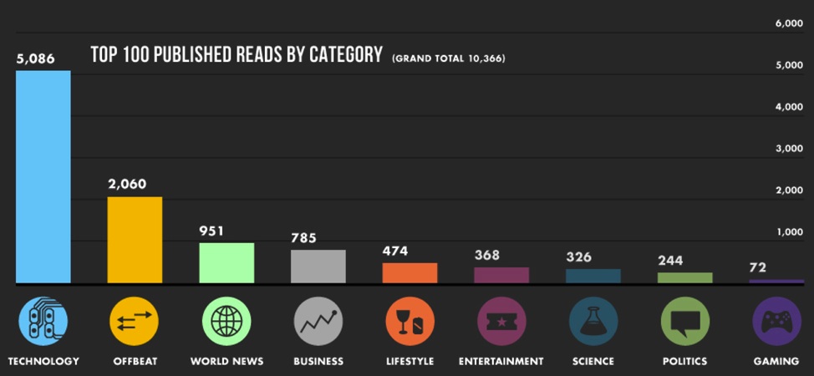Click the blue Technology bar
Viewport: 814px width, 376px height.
pos(43,177)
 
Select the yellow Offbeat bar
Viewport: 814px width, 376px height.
pos(135,240)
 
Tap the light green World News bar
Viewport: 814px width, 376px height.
pos(226,262)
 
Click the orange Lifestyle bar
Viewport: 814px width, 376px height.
pos(410,273)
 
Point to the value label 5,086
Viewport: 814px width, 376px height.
pos(35,59)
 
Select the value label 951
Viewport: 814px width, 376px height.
pos(211,231)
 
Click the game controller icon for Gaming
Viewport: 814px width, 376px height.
pos(776,322)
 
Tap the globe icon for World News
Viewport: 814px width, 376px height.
pos(226,322)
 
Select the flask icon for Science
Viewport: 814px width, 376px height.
pos(593,322)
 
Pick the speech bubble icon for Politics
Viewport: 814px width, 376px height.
pos(684,322)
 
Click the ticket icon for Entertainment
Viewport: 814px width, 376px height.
pos(501,322)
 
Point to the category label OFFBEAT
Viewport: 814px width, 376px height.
pos(135,362)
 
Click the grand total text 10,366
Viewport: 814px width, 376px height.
pos(485,58)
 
